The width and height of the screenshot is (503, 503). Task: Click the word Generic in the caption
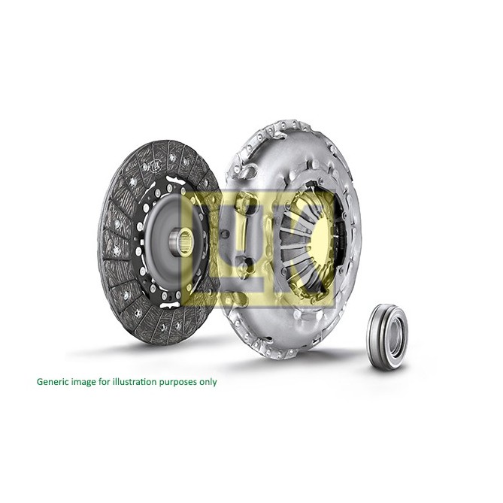pos(52,382)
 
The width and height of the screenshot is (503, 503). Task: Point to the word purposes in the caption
pos(177,383)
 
